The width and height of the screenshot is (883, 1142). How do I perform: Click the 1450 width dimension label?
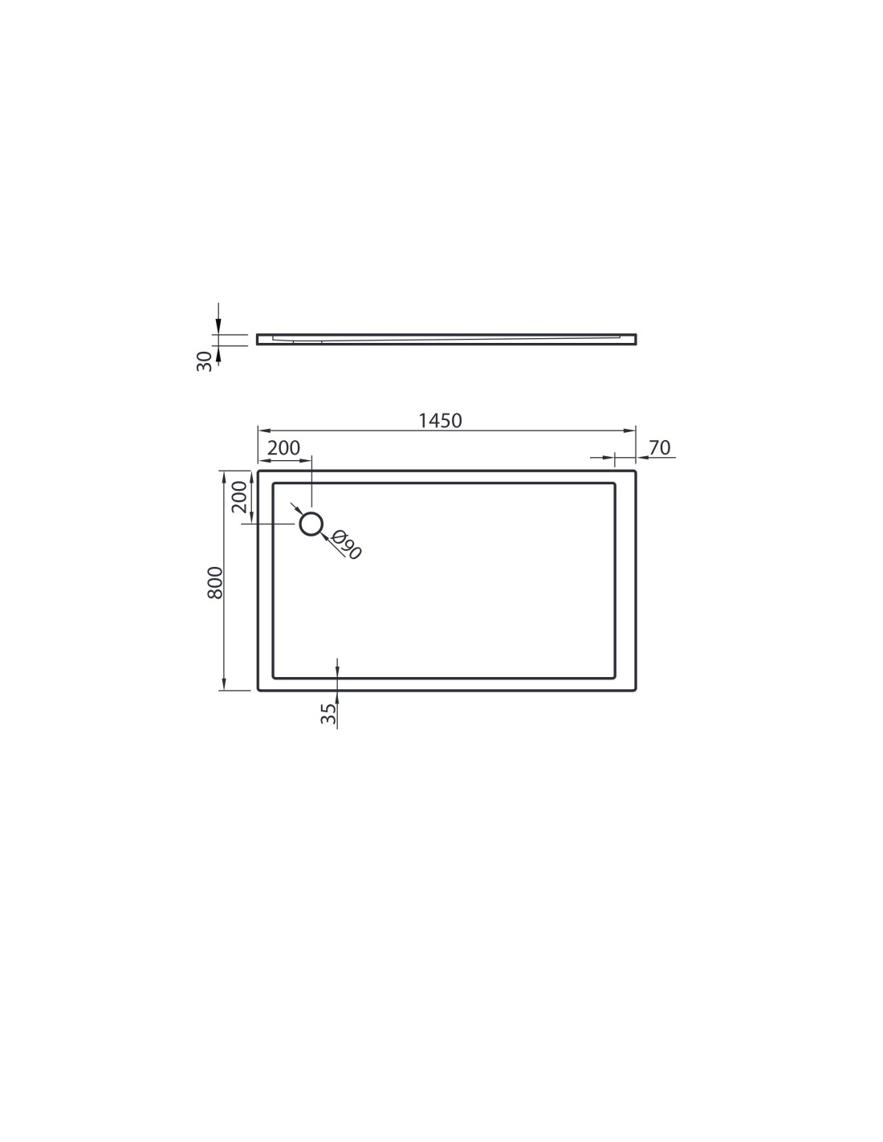pyautogui.click(x=440, y=421)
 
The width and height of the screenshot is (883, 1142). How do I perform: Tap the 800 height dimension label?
pyautogui.click(x=215, y=582)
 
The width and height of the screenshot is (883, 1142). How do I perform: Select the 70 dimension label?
pyautogui.click(x=660, y=447)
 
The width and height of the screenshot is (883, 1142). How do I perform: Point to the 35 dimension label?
pyautogui.click(x=328, y=714)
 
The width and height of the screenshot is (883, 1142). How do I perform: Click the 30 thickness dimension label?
pyautogui.click(x=205, y=361)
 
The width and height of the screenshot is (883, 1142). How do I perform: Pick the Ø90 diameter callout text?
pyautogui.click(x=347, y=544)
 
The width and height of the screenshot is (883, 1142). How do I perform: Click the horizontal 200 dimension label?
pyautogui.click(x=283, y=448)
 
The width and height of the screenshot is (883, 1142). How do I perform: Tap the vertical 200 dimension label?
pyautogui.click(x=239, y=496)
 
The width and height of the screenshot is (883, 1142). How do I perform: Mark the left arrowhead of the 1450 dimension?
pyautogui.click(x=263, y=430)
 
